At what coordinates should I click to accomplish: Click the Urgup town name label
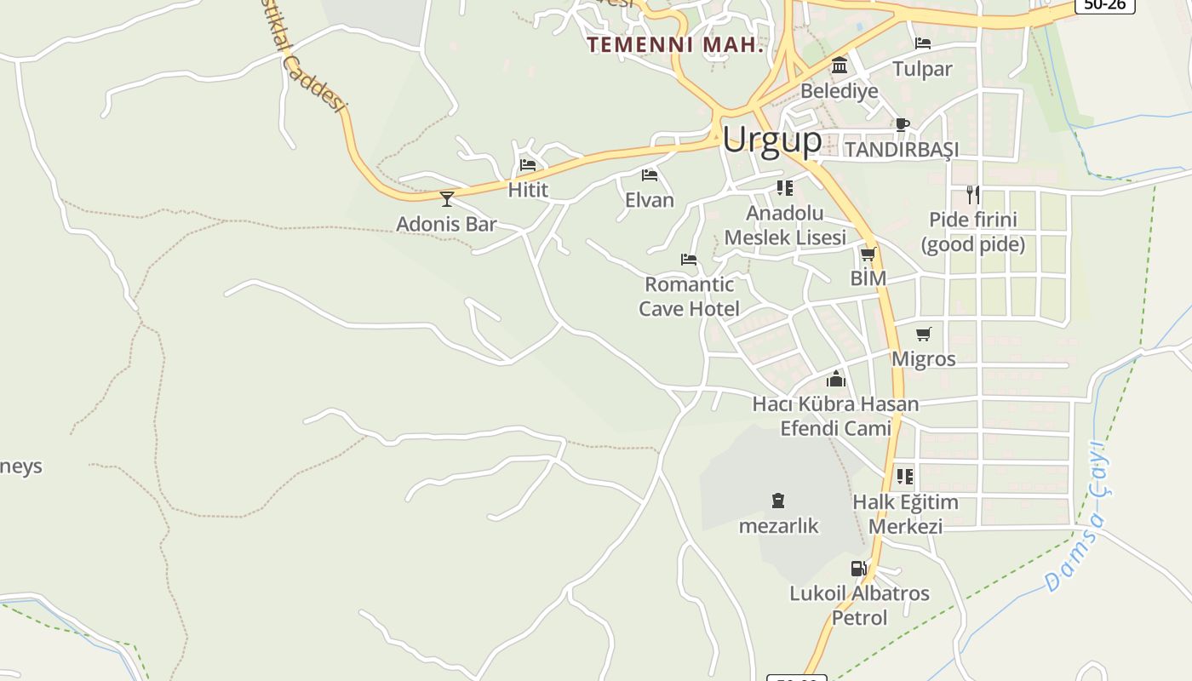tap(772, 140)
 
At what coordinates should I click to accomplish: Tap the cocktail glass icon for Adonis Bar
tap(446, 199)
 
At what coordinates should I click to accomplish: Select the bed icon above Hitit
tap(528, 165)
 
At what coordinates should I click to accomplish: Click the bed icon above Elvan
tap(650, 175)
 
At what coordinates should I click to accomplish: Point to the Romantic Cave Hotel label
tap(689, 296)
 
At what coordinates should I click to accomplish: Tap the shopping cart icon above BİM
tap(868, 254)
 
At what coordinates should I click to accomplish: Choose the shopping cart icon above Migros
tap(924, 334)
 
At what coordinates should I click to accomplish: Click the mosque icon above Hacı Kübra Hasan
tap(836, 379)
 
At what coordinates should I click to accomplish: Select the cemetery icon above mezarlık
tap(777, 501)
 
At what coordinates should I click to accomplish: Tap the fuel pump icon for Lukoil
tap(858, 569)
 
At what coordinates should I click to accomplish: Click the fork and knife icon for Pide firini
tap(972, 195)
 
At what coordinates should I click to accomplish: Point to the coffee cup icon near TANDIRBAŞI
tap(903, 124)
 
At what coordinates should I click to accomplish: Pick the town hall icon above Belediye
tap(840, 66)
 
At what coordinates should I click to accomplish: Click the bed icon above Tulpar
tap(922, 43)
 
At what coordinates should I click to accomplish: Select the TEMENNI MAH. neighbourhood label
tap(676, 45)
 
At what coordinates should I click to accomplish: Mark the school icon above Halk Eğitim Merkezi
tap(904, 476)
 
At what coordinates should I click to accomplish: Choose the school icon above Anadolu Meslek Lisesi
tap(784, 187)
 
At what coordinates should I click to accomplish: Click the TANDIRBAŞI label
tap(902, 150)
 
